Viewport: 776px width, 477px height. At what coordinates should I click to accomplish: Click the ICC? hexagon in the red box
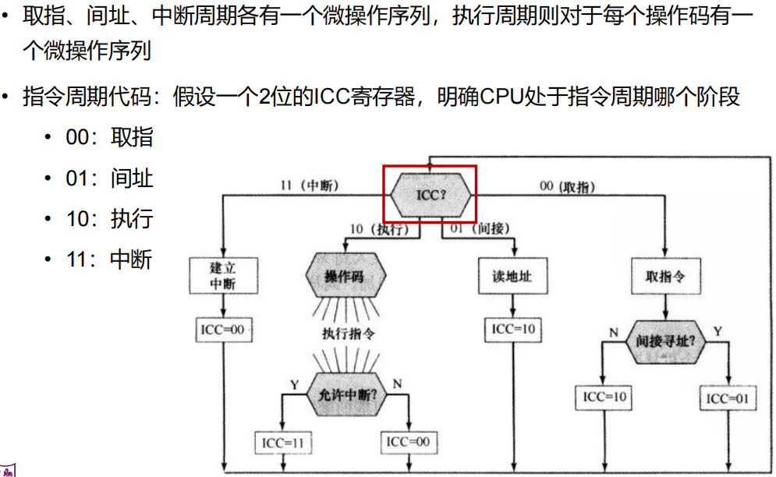(431, 193)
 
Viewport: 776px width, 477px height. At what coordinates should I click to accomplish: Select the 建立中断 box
(222, 276)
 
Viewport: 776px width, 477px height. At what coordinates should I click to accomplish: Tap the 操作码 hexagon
(344, 277)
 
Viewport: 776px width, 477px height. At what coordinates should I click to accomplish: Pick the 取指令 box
(665, 276)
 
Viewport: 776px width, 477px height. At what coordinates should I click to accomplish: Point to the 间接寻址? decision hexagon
(665, 341)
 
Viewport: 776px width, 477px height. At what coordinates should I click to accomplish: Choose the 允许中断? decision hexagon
(348, 394)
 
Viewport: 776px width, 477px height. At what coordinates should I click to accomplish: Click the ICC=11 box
(283, 443)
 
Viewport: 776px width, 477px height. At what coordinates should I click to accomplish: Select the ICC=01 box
(727, 398)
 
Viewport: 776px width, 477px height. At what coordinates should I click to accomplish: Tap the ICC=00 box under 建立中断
(222, 330)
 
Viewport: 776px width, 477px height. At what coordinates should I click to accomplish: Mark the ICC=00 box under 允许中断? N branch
(408, 442)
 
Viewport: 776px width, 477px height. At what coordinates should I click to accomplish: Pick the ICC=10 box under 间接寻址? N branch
(604, 397)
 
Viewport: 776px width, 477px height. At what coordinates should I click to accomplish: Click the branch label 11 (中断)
(309, 186)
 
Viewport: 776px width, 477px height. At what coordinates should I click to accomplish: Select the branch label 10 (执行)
(380, 228)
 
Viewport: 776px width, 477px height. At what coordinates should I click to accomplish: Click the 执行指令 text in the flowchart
(349, 334)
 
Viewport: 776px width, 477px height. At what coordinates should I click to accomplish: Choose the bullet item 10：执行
(109, 219)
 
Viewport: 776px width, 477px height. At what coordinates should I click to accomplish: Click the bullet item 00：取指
(109, 138)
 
